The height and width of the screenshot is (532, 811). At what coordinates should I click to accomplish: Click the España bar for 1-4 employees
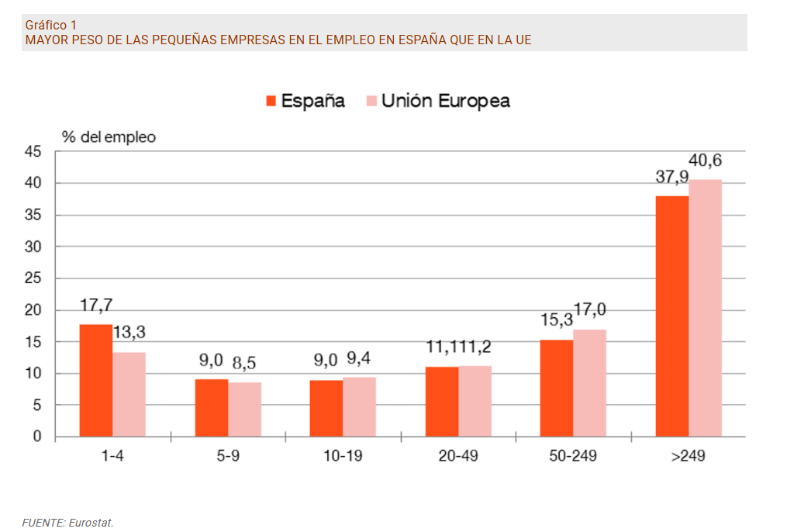click(95, 381)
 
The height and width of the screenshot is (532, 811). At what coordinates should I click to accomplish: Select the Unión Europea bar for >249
click(706, 308)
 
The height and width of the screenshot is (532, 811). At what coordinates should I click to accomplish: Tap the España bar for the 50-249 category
click(557, 389)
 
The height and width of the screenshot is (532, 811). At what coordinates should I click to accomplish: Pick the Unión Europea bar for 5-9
click(245, 409)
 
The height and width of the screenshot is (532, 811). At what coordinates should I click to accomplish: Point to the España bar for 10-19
click(326, 409)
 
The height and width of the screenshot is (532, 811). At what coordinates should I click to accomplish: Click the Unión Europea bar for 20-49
click(475, 401)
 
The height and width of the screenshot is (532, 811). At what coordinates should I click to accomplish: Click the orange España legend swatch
click(271, 101)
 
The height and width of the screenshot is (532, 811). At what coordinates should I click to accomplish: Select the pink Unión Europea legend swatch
click(371, 101)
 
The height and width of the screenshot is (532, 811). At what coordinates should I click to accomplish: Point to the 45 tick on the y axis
click(33, 152)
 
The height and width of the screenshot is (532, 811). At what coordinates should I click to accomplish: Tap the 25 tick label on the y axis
click(33, 278)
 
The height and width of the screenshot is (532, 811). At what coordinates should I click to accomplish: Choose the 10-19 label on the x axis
click(343, 456)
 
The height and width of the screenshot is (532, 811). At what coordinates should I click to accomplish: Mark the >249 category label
click(688, 456)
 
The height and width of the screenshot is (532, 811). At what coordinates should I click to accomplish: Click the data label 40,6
click(705, 161)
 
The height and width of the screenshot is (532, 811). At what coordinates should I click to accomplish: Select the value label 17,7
click(96, 306)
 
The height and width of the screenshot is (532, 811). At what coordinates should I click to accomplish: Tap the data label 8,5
click(245, 361)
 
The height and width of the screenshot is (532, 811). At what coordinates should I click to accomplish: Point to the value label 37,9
click(671, 178)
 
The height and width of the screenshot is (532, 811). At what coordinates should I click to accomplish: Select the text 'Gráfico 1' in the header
click(50, 25)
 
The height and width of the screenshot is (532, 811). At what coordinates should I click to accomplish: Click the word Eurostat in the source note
click(91, 523)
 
